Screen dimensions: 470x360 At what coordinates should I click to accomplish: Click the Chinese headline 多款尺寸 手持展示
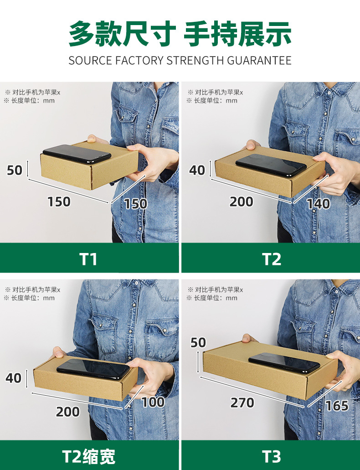pyautogui.click(x=180, y=34)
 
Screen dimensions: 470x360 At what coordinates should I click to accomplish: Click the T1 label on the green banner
pyautogui.click(x=89, y=259)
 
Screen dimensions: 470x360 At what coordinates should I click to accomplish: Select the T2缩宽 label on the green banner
pyautogui.click(x=89, y=456)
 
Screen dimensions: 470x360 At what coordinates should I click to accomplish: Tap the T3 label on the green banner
pyautogui.click(x=272, y=456)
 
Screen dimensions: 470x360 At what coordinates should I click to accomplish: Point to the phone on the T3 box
pyautogui.click(x=284, y=362)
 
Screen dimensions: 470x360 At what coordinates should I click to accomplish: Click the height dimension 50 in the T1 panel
pyautogui.click(x=15, y=170)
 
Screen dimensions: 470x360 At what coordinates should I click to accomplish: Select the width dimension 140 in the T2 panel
pyautogui.click(x=318, y=203)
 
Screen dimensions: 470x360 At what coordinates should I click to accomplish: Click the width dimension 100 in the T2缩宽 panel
pyautogui.click(x=153, y=402)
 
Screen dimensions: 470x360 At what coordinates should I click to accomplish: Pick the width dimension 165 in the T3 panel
pyautogui.click(x=337, y=405)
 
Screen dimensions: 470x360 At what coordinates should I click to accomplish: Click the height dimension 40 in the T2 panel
pyautogui.click(x=197, y=170)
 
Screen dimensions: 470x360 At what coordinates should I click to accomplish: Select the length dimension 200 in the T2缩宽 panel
pyautogui.click(x=68, y=412)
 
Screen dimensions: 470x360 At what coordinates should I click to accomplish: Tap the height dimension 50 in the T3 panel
pyautogui.click(x=198, y=342)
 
